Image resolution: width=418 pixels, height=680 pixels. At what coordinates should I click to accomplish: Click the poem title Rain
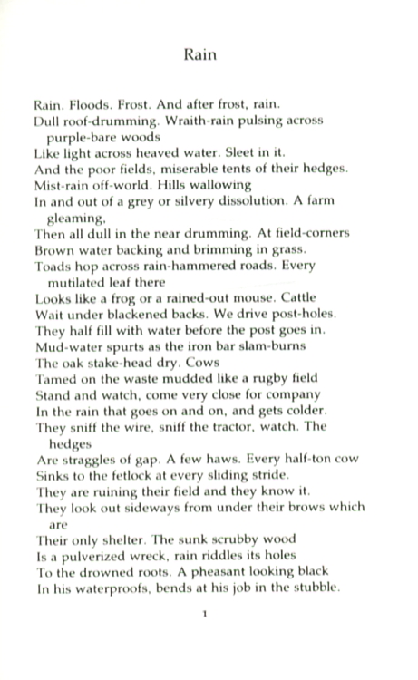pyautogui.click(x=199, y=54)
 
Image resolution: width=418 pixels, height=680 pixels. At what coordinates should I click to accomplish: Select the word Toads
pyautogui.click(x=52, y=267)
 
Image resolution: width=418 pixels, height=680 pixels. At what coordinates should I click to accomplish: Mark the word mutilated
pyautogui.click(x=91, y=281)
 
